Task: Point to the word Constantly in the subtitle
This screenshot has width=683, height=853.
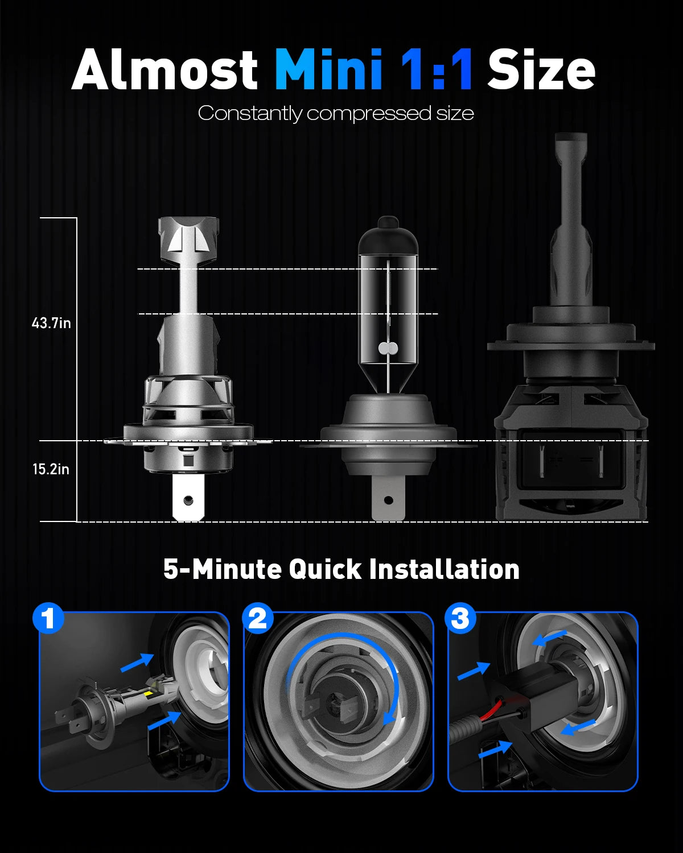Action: [250, 114]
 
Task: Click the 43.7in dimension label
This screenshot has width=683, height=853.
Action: [51, 323]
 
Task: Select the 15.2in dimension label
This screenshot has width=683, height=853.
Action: [51, 469]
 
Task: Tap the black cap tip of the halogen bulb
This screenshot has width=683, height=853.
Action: [388, 222]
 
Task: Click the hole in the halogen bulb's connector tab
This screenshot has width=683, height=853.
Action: [389, 500]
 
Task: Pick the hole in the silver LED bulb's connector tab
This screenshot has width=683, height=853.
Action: [188, 500]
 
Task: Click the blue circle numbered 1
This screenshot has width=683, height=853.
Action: [48, 618]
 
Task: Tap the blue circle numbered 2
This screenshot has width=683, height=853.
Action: [258, 618]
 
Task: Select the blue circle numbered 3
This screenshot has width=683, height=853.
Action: [460, 618]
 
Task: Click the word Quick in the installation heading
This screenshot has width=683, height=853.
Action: [325, 570]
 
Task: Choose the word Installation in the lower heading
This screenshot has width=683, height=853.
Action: [444, 569]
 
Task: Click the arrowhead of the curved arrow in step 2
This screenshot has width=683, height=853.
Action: [389, 717]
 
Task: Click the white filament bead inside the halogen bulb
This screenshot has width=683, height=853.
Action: [388, 349]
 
